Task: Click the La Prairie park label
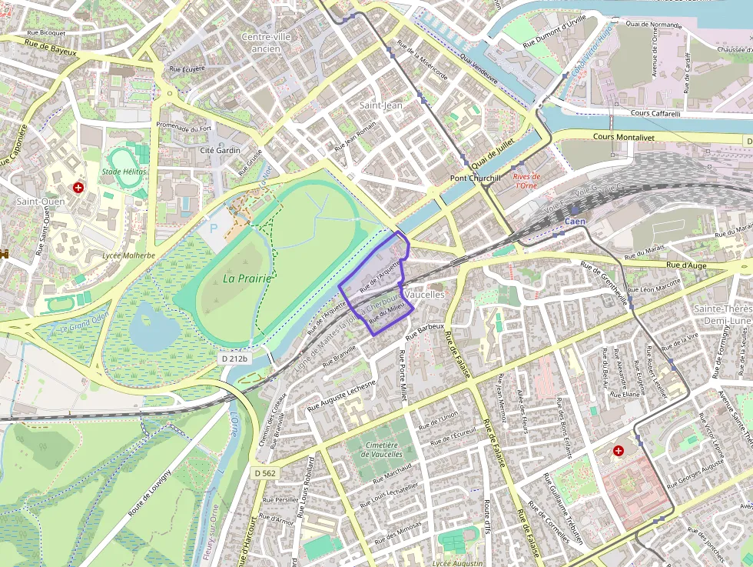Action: coord(247,278)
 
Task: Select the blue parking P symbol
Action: coord(213,228)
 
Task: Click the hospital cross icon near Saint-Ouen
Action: coord(78,187)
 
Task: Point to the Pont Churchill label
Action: coord(475,178)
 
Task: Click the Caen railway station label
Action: coord(575,222)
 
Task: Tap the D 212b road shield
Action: coord(234,358)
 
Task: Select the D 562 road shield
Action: coord(264,472)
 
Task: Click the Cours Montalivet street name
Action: coord(627,136)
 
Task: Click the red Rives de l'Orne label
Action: coord(526,181)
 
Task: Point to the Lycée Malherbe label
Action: coord(128,255)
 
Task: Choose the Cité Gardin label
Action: coord(220,151)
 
